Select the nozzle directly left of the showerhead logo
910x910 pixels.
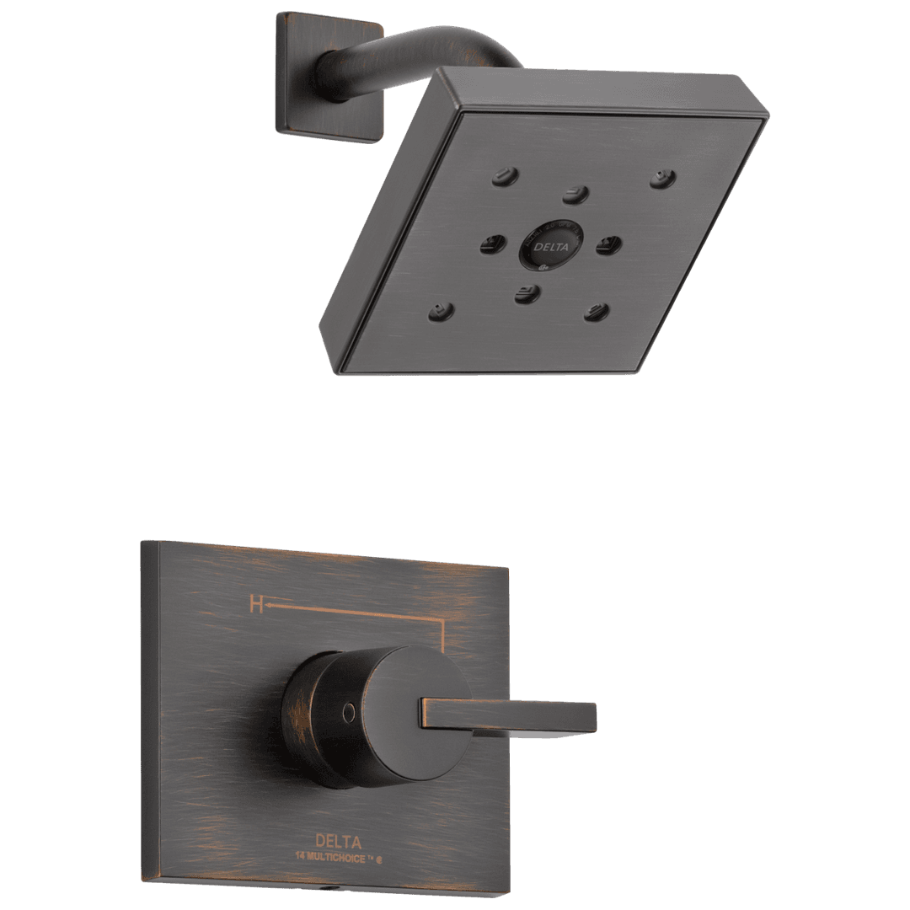point(490,246)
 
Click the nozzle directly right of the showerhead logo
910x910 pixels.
point(608,245)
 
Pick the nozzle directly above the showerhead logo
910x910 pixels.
point(575,194)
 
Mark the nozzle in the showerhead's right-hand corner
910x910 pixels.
point(661,178)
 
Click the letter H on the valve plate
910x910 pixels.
point(254,603)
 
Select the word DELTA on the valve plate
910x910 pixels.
point(338,841)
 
